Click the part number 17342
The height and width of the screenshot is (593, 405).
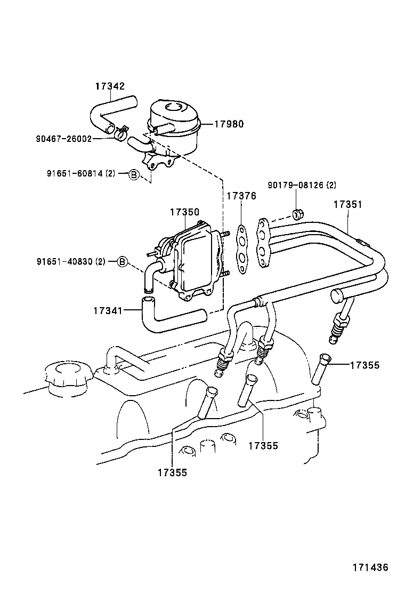coord(110,85)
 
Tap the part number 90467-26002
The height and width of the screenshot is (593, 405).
coord(64,139)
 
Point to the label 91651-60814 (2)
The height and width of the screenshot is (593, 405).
coord(80,173)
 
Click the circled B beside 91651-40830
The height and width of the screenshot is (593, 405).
coord(122,261)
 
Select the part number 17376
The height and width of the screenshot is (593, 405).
coord(241,196)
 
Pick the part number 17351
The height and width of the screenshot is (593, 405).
coord(348,204)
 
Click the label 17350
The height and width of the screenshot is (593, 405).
coord(184,212)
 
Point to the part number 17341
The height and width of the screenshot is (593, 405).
coord(108,309)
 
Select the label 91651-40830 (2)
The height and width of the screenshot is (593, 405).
coord(71,261)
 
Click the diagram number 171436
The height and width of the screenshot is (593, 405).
coord(370,567)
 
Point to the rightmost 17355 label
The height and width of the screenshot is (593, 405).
coord(365,365)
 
